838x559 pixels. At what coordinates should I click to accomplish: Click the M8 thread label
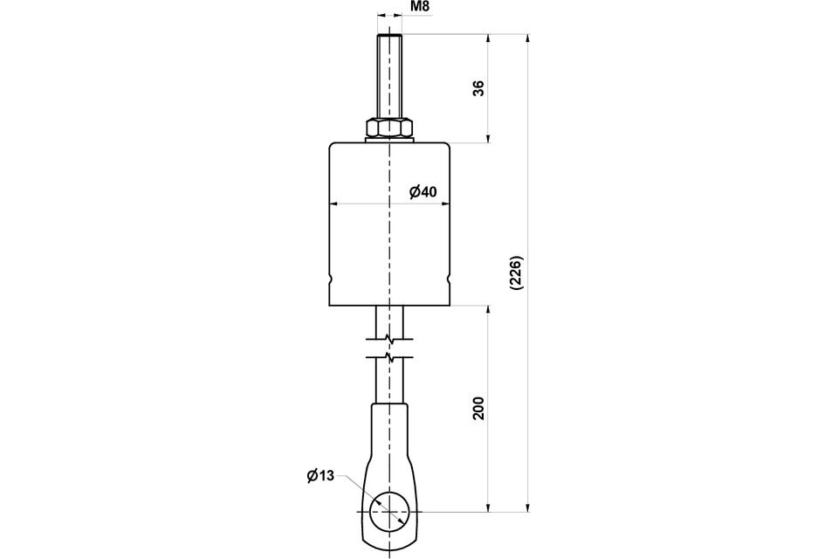tap(420, 7)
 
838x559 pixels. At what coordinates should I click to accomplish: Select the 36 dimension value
tap(479, 88)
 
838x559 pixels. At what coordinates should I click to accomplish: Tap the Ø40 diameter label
tap(423, 191)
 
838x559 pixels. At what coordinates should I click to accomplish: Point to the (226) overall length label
tap(518, 273)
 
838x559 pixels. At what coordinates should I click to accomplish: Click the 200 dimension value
tap(479, 408)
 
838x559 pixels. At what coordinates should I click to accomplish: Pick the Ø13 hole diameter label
tap(320, 475)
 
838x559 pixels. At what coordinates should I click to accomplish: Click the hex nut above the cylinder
tap(390, 129)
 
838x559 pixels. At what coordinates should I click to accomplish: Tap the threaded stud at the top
tap(390, 77)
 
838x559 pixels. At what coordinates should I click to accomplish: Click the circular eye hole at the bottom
tap(390, 511)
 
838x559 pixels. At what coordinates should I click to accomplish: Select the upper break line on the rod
tap(390, 339)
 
